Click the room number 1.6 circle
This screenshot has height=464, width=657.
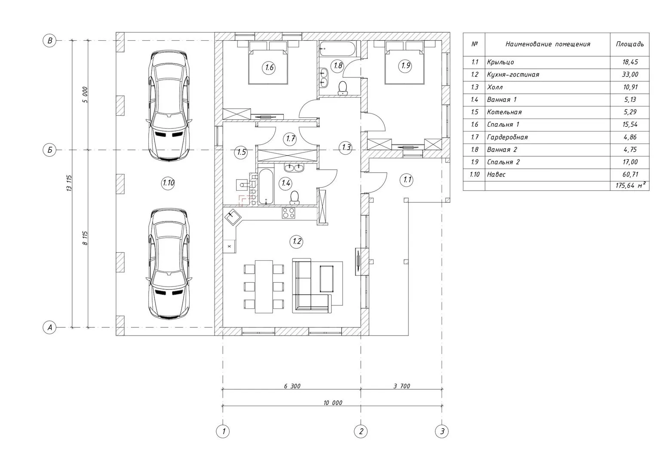269,68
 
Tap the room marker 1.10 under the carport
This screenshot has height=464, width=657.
168,183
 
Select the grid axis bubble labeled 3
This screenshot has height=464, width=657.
442,431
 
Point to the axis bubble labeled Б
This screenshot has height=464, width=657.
49,150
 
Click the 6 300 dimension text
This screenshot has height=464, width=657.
292,386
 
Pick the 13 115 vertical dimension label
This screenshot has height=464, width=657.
69,183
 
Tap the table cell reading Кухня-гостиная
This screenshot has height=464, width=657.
513,74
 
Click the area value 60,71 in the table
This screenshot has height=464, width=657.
630,174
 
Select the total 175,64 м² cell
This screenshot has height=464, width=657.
630,185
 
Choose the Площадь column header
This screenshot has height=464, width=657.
630,44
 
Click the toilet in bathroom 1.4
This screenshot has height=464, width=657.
294,198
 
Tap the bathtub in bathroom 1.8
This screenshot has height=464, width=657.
337,49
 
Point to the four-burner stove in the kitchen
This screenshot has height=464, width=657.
289,213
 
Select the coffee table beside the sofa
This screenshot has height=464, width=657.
326,278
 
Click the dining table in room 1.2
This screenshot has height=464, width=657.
264,287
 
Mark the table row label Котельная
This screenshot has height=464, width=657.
504,112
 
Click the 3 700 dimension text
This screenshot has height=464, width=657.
402,386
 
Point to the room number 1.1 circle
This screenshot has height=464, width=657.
407,180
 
